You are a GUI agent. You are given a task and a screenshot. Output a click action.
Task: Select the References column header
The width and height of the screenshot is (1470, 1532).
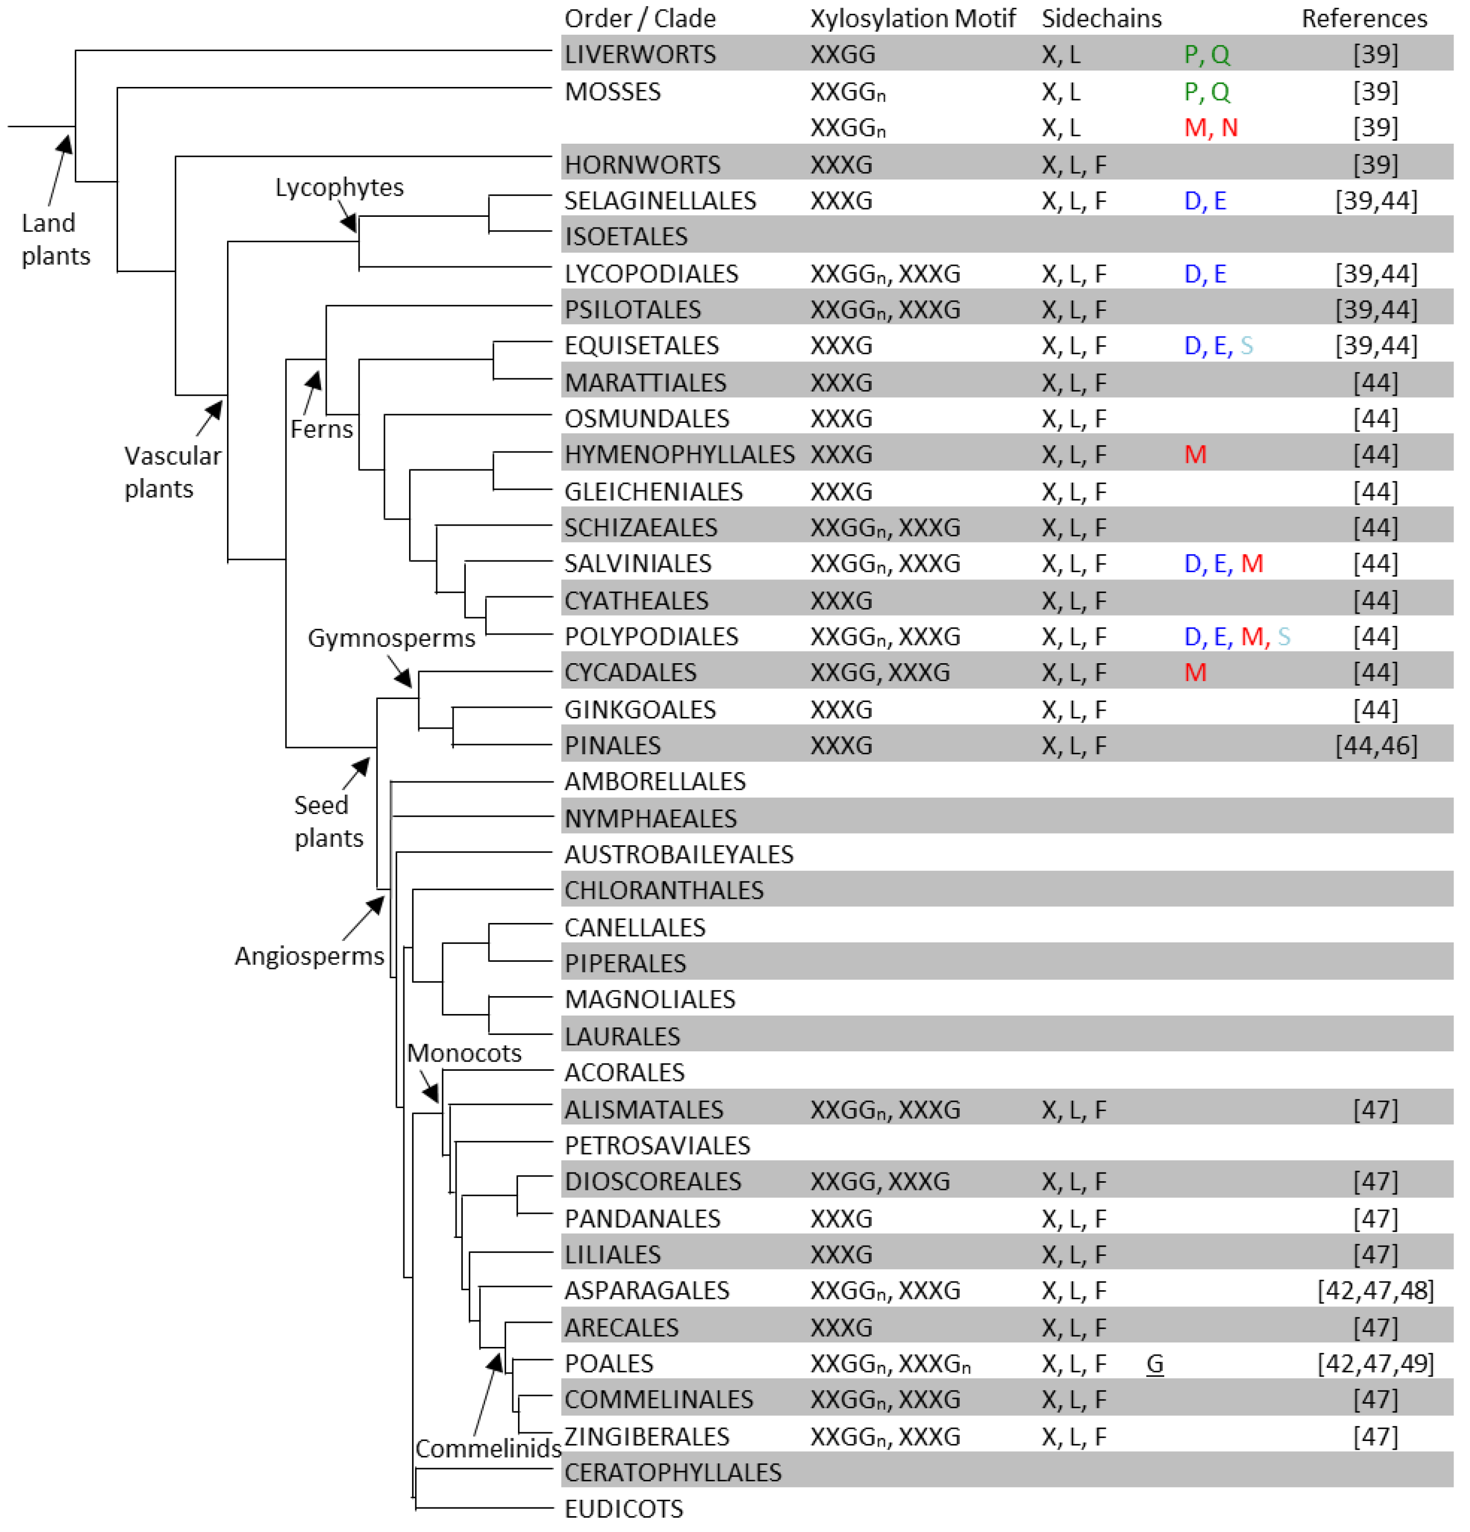(1363, 18)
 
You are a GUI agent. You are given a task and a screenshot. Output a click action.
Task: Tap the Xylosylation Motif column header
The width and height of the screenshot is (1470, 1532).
(912, 18)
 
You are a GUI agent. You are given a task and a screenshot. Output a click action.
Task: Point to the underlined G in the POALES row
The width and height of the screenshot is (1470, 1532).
(1155, 1364)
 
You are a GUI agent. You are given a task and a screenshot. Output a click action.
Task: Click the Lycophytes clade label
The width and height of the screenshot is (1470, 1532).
(339, 188)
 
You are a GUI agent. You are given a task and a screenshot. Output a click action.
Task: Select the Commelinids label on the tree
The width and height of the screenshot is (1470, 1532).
(488, 1448)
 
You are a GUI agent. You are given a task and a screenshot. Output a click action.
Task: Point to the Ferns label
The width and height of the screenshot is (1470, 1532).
(321, 429)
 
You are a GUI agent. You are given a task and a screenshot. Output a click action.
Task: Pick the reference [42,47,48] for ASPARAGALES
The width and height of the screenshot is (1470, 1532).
(1375, 1291)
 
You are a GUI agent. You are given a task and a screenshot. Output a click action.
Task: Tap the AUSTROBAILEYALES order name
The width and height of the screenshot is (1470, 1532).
(679, 854)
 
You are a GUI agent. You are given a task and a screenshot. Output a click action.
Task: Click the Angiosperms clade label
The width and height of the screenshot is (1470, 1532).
(309, 956)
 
